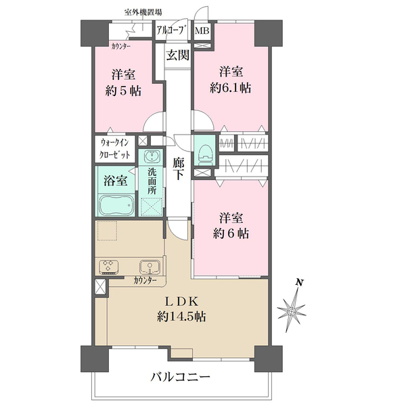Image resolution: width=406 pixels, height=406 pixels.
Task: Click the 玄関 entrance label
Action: tap(177, 55)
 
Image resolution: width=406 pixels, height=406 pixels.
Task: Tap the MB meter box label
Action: tap(202, 31)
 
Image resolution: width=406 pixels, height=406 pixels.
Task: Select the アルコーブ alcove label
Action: tap(171, 31)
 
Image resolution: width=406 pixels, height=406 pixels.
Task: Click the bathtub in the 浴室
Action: tap(116, 204)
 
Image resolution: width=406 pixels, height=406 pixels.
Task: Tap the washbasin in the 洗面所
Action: tap(151, 156)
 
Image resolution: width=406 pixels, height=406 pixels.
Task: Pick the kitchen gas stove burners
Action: tap(108, 267)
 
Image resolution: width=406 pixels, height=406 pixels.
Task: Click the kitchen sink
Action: tap(150, 267)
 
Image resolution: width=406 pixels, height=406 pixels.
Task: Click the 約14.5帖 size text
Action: tap(181, 317)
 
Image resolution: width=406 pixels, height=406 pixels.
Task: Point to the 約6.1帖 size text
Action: tap(231, 88)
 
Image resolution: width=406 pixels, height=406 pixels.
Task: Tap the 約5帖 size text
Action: tap(124, 91)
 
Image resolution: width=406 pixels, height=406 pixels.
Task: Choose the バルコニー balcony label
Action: tap(181, 377)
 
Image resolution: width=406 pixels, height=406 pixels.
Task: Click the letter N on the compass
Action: tap(300, 282)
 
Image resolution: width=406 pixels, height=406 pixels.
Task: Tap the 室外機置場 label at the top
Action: tap(143, 12)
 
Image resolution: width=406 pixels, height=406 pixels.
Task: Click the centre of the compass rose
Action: tap(292, 311)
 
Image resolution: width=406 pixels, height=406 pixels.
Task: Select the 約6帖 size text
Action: tap(231, 233)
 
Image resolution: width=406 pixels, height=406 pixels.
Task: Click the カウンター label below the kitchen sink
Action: tap(145, 280)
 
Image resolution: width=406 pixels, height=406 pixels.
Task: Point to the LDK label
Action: tap(182, 301)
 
